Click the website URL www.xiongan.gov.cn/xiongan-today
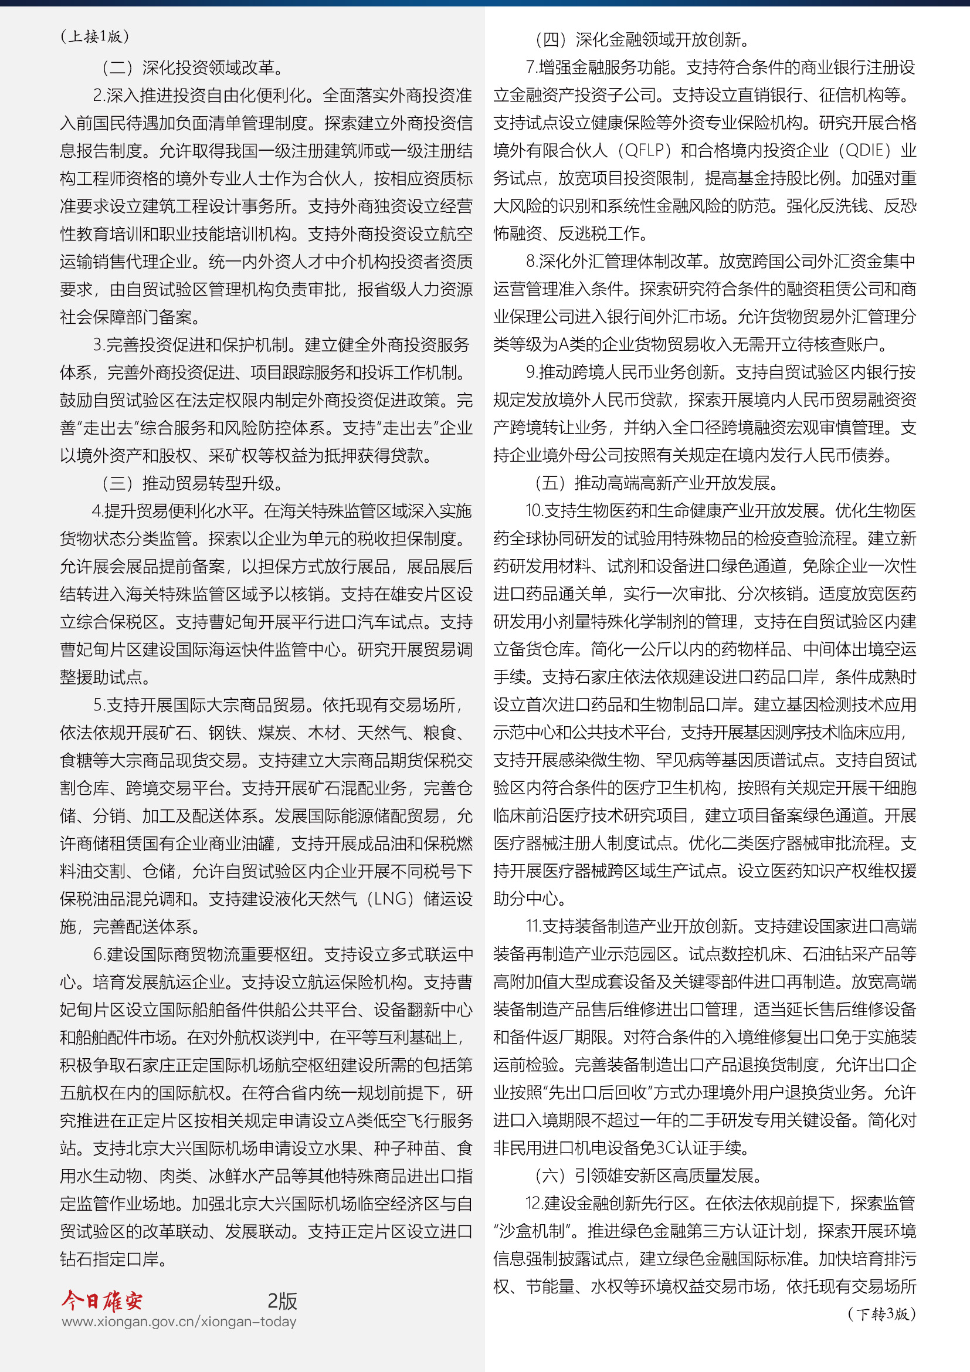click(x=179, y=1321)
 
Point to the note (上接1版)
click(x=94, y=36)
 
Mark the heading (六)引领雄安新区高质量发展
click(x=647, y=1175)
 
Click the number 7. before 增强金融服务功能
click(x=530, y=67)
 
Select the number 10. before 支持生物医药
click(x=533, y=511)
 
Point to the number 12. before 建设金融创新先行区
click(x=533, y=1203)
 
